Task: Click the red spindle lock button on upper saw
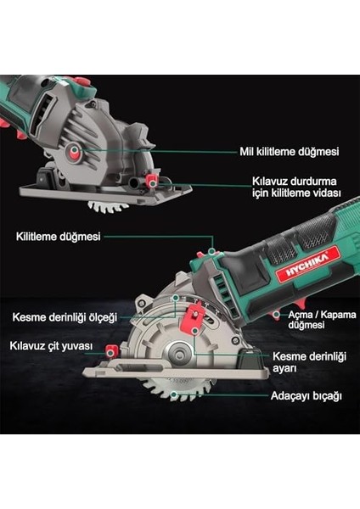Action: (x=77, y=152)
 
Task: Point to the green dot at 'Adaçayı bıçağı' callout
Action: (x=173, y=394)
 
